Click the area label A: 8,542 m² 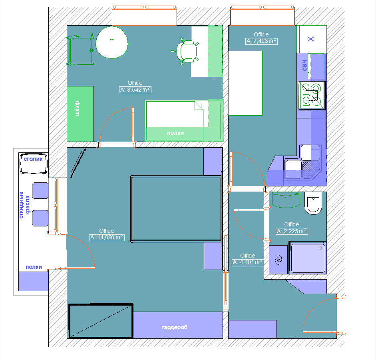click(135, 90)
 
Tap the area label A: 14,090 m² click(107, 238)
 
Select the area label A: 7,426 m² click(261, 41)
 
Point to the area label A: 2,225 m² click(292, 231)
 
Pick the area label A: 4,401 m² click(248, 262)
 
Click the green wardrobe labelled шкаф click(80, 114)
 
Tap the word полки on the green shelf click(175, 133)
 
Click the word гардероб click(175, 327)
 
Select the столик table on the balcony click(33, 164)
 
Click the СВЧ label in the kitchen click(304, 65)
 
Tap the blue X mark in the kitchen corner click(311, 39)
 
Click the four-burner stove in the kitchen click(312, 95)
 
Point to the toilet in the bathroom click(313, 203)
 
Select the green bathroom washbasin click(286, 200)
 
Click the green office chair click(185, 51)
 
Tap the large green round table click(112, 42)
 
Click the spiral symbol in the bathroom click(278, 260)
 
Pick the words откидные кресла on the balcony click(24, 205)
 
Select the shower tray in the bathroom click(308, 258)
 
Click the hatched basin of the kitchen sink click(311, 170)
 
